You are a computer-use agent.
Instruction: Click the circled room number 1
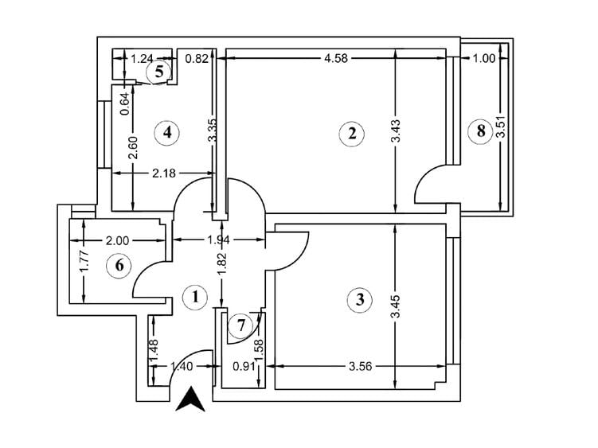tap(194, 298)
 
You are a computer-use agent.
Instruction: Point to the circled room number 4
tap(166, 132)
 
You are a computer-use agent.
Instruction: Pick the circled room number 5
tap(159, 72)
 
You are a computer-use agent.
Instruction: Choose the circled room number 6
tap(119, 265)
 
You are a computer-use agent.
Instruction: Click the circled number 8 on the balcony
tap(480, 131)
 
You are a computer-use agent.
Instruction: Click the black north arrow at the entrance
tap(190, 398)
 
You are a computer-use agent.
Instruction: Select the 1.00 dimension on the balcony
tap(483, 58)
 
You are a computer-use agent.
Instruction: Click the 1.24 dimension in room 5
tap(142, 58)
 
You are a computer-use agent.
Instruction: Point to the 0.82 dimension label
tap(197, 58)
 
